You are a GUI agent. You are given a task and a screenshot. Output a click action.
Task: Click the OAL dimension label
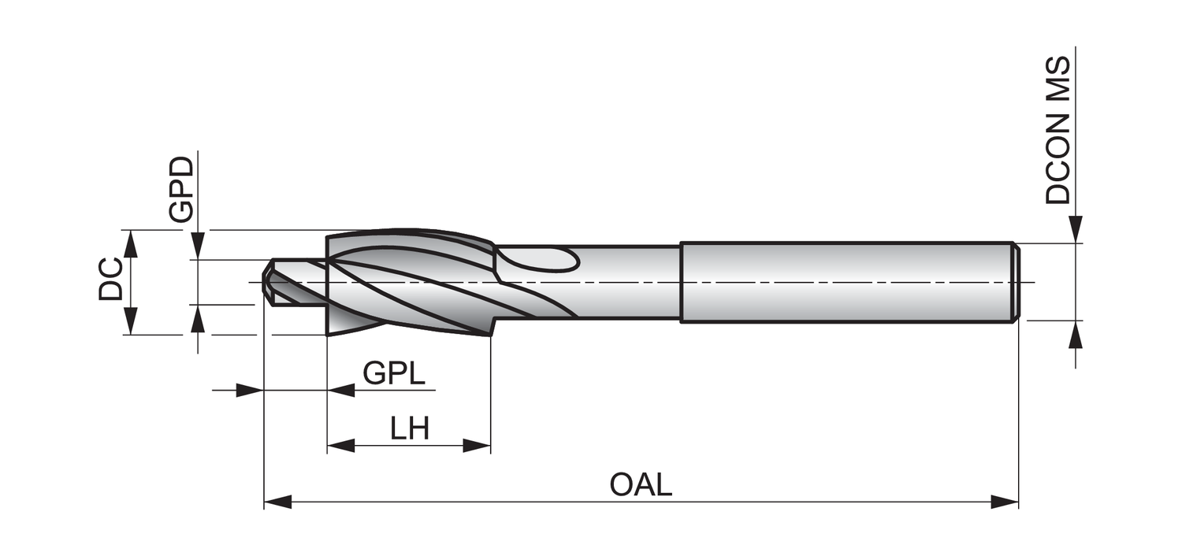641,484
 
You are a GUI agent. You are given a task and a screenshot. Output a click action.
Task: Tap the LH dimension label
410,429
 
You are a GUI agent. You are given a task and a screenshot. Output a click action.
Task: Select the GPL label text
393,373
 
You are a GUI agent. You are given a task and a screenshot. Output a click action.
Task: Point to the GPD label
180,189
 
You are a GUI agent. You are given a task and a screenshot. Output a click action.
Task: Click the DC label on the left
111,279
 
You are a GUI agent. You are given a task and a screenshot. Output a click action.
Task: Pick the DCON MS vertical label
1058,130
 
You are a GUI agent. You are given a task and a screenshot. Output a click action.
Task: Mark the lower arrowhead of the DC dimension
131,321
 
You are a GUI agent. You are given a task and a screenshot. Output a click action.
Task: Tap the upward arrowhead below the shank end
1076,334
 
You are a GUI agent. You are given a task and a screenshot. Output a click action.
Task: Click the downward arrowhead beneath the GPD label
198,246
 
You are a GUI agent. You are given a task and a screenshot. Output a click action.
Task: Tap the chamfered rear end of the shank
1017,281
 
